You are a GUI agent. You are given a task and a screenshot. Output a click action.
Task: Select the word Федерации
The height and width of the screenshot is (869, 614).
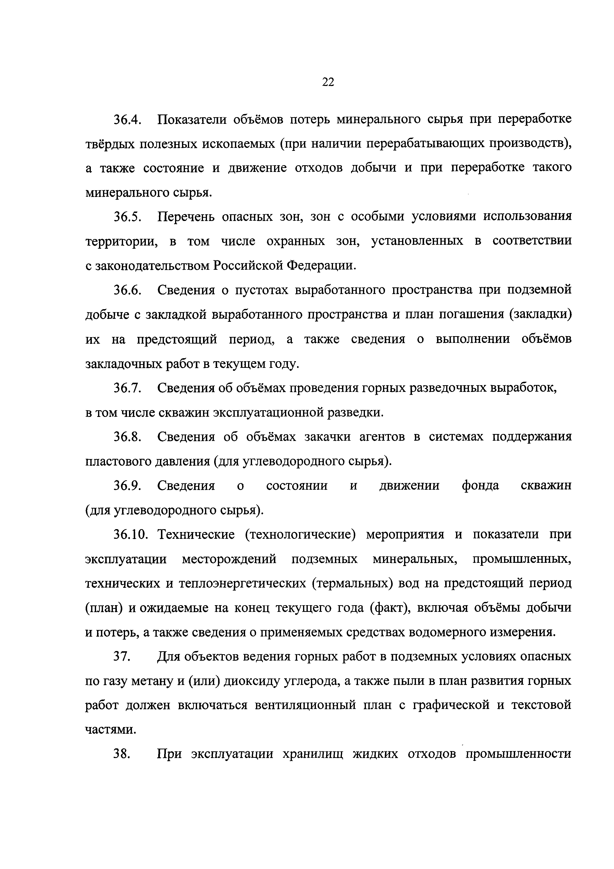(x=321, y=266)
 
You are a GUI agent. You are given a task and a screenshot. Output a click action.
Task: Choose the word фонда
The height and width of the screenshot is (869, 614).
(x=480, y=486)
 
